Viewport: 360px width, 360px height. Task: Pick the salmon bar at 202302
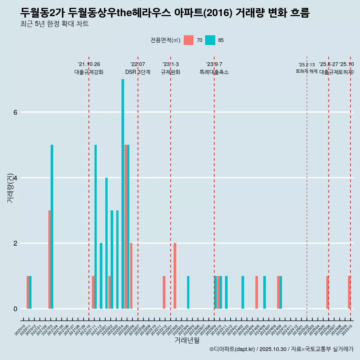click(x=175, y=276)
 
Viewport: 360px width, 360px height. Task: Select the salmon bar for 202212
click(x=164, y=292)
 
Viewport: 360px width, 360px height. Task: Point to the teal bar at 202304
click(x=188, y=292)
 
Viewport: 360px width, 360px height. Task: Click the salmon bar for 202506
click(x=327, y=292)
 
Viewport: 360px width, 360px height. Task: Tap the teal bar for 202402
click(x=243, y=292)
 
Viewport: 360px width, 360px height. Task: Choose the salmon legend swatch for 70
click(x=189, y=40)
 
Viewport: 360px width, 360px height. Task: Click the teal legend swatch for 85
click(x=210, y=40)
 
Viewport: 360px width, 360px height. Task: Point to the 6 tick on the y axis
click(x=15, y=112)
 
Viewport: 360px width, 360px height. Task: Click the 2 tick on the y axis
click(x=15, y=243)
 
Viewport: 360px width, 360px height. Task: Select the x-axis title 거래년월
click(x=187, y=340)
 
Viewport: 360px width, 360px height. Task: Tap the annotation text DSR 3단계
click(x=138, y=72)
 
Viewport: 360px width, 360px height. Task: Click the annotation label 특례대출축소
click(x=214, y=72)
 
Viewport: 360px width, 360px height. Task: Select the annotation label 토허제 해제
click(x=306, y=71)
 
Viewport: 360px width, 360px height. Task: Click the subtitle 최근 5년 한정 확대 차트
click(x=54, y=24)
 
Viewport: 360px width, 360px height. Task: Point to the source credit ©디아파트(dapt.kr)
click(x=232, y=349)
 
